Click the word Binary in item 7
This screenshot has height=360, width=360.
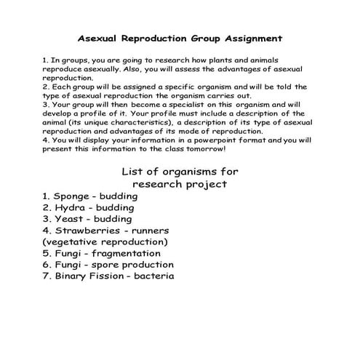click(71, 276)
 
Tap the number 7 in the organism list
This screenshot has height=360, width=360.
click(45, 276)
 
